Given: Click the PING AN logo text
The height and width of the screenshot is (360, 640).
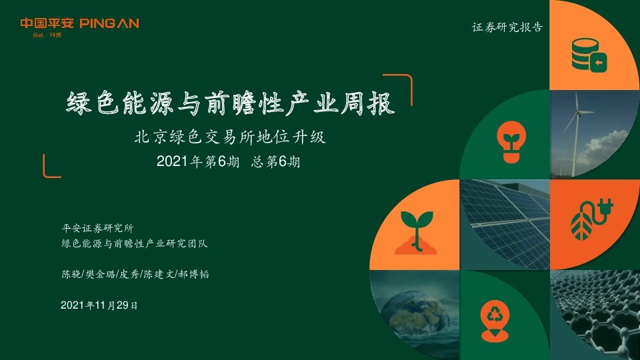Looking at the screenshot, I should click(109, 24).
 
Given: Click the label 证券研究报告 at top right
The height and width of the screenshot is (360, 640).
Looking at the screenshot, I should click(507, 28).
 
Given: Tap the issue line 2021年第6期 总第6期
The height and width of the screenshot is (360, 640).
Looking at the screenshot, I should click(228, 161).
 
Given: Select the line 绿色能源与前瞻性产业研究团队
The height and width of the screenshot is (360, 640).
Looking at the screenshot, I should click(134, 244).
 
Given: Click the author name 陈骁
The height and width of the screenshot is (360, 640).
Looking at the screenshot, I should click(69, 275).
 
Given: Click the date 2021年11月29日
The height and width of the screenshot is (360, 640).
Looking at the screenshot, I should click(99, 305).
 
